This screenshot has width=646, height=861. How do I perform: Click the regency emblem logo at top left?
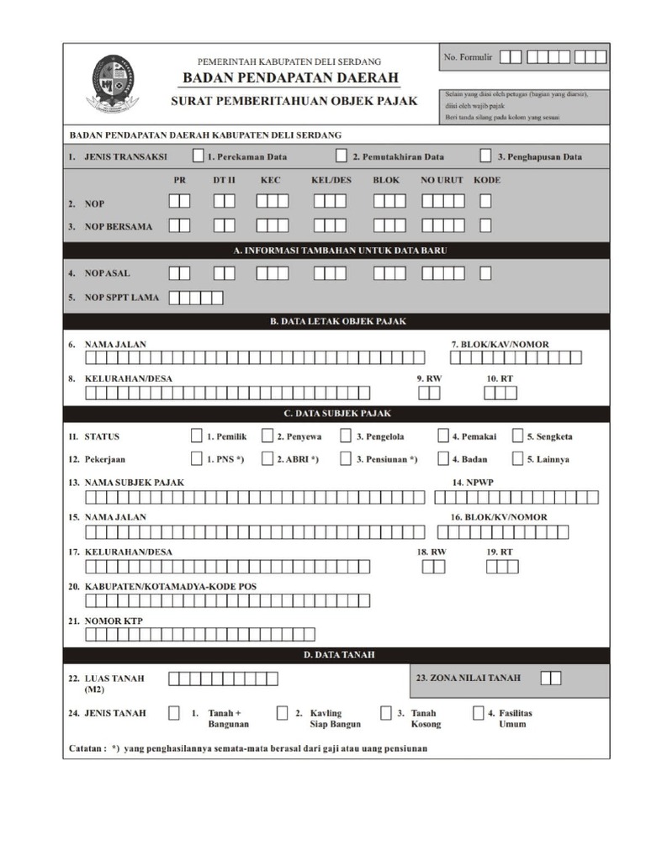click(112, 83)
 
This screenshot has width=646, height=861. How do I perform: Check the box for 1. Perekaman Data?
click(198, 156)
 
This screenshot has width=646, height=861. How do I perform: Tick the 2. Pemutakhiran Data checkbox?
click(342, 156)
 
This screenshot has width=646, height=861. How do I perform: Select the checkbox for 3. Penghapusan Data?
click(486, 156)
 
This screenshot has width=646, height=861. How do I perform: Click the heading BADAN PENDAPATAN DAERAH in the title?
click(290, 78)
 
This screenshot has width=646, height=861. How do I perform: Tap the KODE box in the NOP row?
click(486, 202)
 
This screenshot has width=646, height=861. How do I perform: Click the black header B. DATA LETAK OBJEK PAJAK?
click(336, 321)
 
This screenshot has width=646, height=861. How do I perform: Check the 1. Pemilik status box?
click(197, 436)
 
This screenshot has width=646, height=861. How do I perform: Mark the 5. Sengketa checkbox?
click(517, 436)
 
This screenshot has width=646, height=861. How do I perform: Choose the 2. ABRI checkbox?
click(267, 459)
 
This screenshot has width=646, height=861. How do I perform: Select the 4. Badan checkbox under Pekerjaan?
click(443, 459)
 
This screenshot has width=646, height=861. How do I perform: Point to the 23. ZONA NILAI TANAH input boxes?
click(551, 678)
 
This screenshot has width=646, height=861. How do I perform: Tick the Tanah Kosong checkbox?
click(386, 713)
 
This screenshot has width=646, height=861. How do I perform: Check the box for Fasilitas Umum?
click(478, 713)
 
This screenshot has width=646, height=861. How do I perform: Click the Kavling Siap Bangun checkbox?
click(283, 713)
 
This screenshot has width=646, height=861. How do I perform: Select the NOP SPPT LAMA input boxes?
click(196, 297)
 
